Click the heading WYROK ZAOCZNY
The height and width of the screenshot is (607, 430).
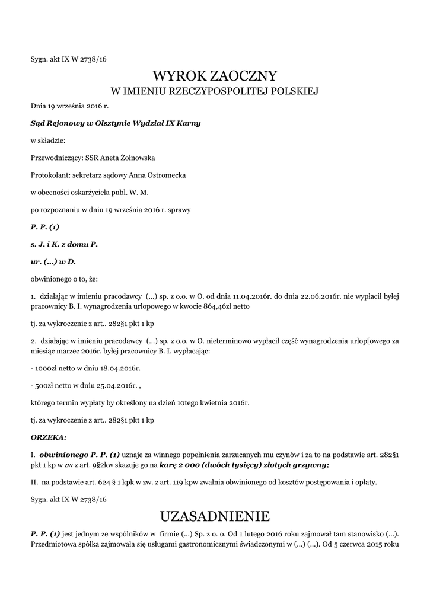pos(215,76)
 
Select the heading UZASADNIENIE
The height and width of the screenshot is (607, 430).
pos(215,514)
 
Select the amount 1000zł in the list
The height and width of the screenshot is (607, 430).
pos(46,369)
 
